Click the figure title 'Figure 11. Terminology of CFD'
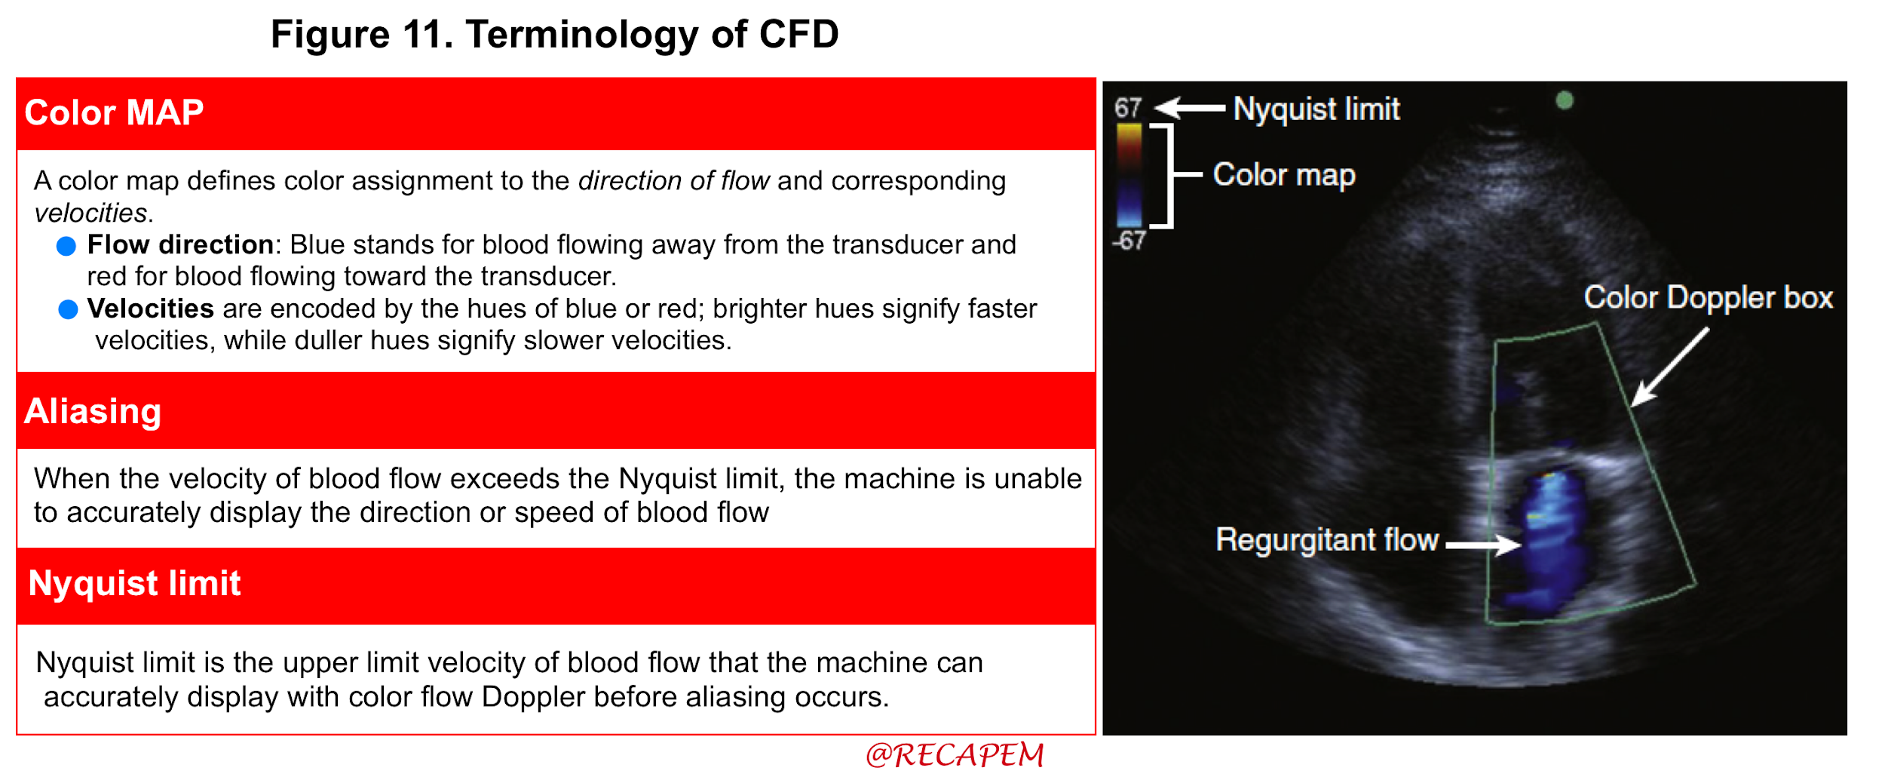554,35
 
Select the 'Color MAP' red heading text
114,112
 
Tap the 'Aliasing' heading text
93,412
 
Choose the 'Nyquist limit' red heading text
134,583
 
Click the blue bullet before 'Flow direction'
66,246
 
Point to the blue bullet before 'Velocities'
68,309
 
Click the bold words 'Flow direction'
180,244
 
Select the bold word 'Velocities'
151,309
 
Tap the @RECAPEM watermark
955,755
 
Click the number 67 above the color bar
1128,108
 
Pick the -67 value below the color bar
1129,241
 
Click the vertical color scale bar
1129,175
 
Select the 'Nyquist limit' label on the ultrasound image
1316,109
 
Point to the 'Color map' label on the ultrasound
1284,175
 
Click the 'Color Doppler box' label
1708,298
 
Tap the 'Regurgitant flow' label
1327,540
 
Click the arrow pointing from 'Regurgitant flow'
1483,544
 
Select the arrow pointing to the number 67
1190,109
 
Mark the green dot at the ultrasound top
1565,100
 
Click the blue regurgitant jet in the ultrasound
1542,539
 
